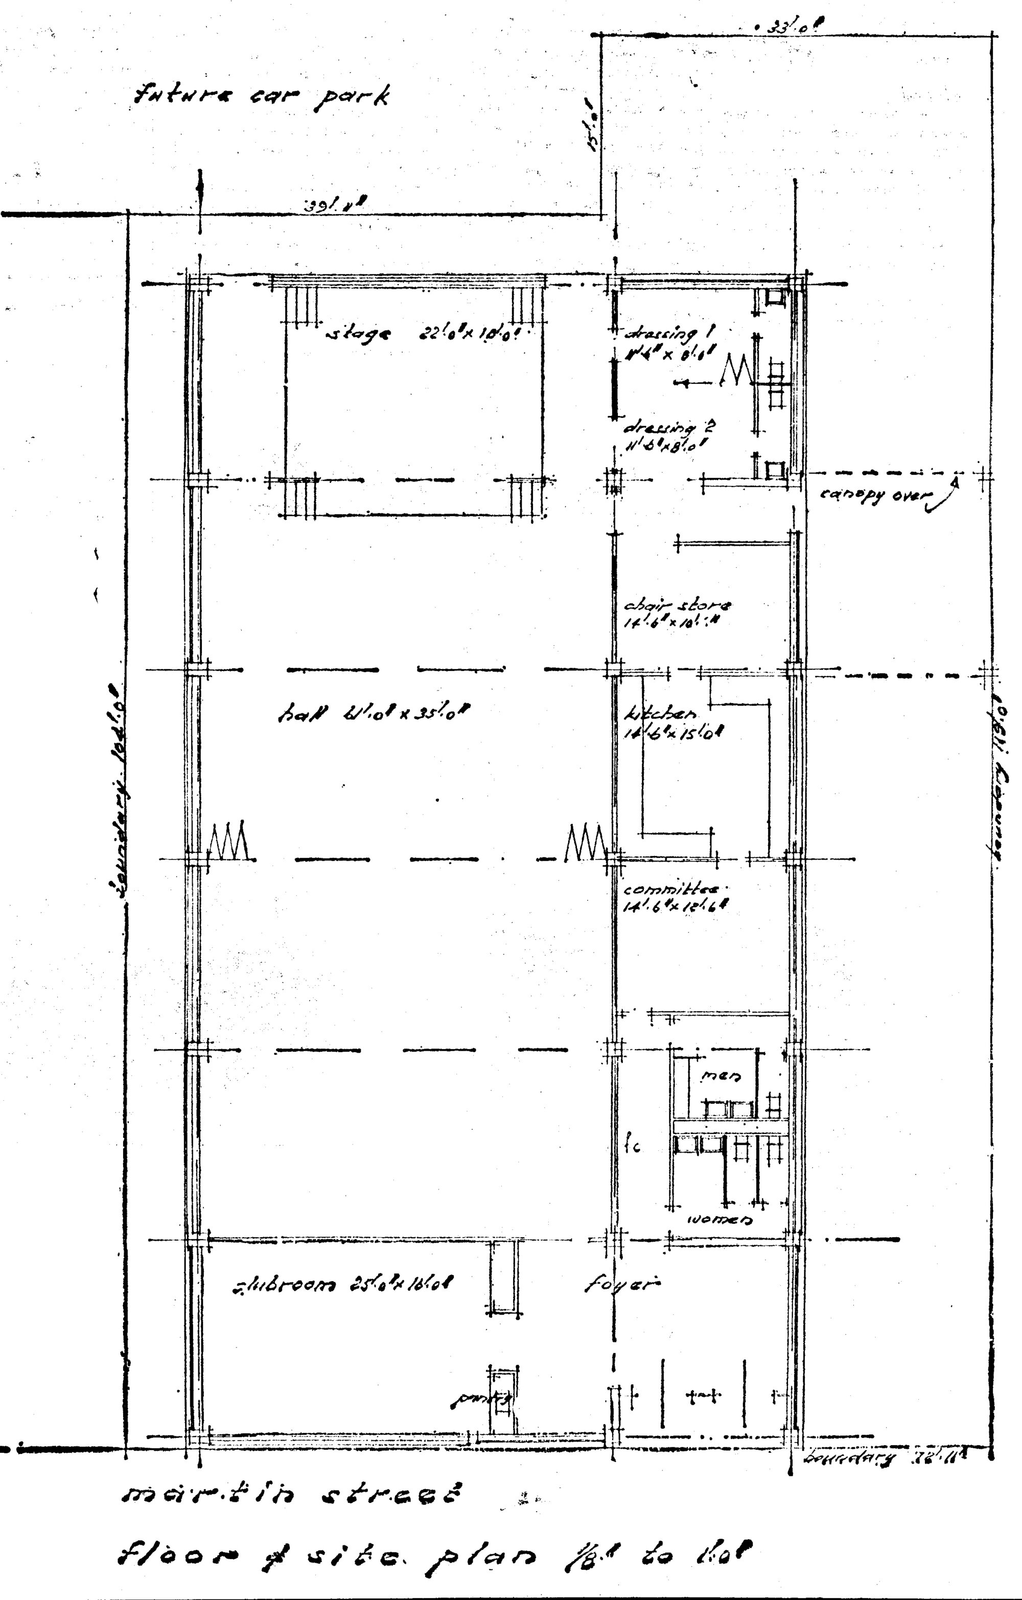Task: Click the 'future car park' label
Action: tap(261, 97)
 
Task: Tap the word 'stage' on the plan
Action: tap(358, 333)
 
